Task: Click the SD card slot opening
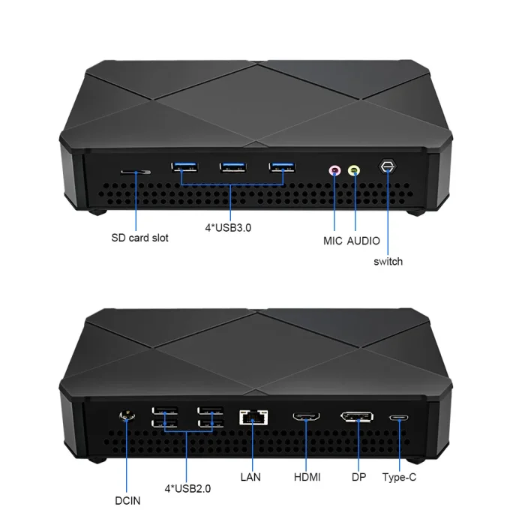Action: (136, 172)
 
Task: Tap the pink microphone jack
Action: (334, 171)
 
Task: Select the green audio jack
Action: (354, 171)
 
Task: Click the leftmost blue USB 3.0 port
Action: (184, 166)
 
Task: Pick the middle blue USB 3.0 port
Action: (233, 167)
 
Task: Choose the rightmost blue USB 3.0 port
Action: (282, 167)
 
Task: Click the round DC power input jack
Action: (127, 416)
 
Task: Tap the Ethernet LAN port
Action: (253, 417)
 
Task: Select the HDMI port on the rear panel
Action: (306, 416)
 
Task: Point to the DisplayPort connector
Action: (357, 417)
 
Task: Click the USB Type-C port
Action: (399, 418)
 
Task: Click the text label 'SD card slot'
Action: (139, 238)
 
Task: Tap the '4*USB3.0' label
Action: (228, 228)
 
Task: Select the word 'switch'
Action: (388, 262)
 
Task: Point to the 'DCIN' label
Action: (127, 501)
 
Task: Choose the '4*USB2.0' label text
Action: (187, 489)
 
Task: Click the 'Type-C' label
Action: (399, 477)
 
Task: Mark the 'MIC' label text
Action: (333, 241)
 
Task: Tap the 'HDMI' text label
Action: (307, 477)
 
